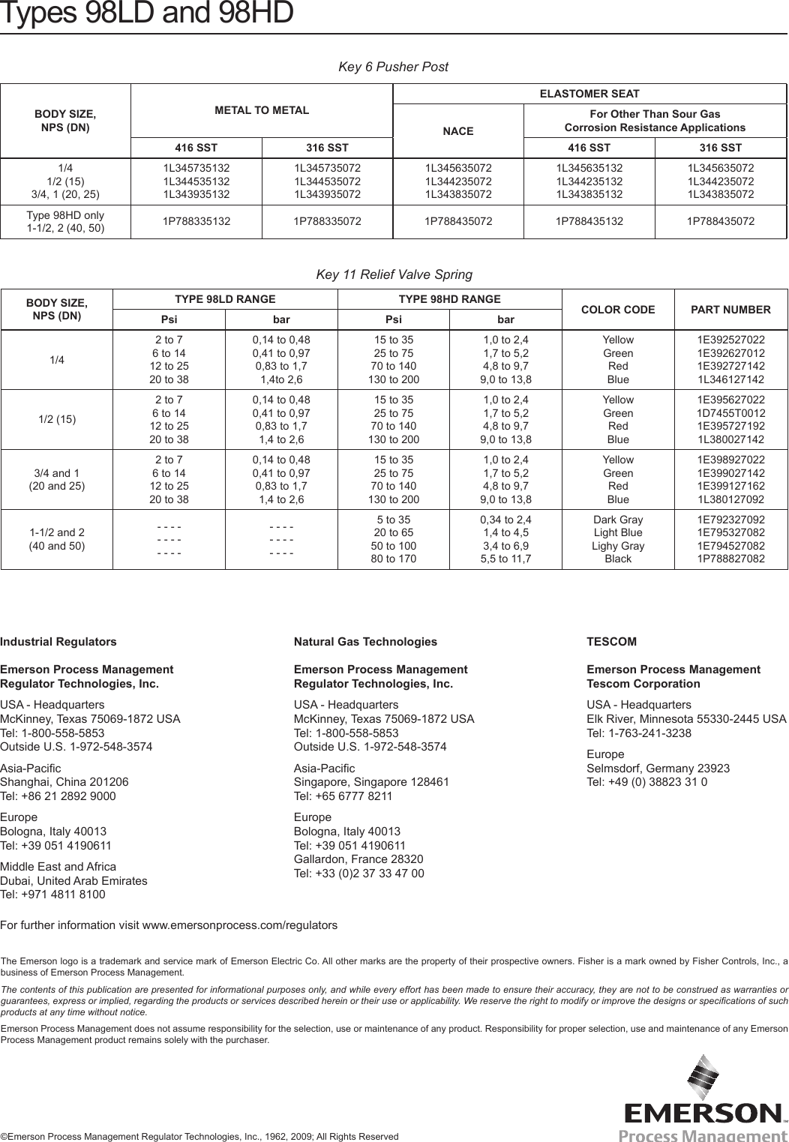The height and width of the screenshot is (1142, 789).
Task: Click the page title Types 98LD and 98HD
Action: [x=146, y=13]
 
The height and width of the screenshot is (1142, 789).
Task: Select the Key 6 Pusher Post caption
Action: [x=393, y=67]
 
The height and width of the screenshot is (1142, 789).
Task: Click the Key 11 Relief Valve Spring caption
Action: [x=394, y=274]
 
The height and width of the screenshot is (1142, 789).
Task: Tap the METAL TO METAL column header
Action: [x=262, y=110]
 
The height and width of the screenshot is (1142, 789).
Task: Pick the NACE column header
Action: [x=457, y=131]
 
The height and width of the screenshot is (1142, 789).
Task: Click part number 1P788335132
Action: [x=196, y=221]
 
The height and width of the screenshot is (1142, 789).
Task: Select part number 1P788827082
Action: [x=730, y=559]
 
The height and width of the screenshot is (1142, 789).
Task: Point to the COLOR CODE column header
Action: [x=617, y=310]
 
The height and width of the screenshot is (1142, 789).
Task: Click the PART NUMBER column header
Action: [x=730, y=310]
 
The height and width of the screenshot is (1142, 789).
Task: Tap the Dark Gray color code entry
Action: [x=617, y=520]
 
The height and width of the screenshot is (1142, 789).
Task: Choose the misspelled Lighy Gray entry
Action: [x=617, y=546]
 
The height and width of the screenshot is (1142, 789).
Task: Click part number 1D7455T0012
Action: [x=730, y=413]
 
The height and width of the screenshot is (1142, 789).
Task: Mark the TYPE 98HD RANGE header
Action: [x=449, y=299]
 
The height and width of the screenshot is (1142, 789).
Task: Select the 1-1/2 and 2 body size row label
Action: [x=57, y=539]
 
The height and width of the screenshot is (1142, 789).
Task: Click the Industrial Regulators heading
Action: [x=58, y=642]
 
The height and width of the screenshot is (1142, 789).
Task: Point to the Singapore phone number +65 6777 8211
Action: [x=343, y=796]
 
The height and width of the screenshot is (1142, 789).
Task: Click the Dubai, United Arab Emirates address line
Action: [x=73, y=881]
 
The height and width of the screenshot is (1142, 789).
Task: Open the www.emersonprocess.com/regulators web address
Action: [x=239, y=925]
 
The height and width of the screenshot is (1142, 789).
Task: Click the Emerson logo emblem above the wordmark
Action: [x=703, y=1078]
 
